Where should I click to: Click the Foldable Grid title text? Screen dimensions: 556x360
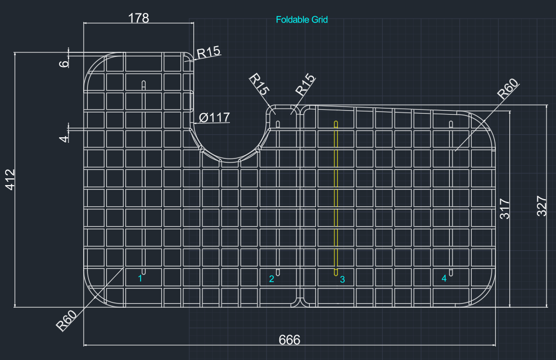point(302,20)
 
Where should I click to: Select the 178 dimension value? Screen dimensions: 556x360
point(138,18)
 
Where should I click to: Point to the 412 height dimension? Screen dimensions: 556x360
point(10,179)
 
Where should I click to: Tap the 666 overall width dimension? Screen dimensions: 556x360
point(290,340)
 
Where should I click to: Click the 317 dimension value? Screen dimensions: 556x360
point(504,209)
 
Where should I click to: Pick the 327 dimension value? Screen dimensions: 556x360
point(541,206)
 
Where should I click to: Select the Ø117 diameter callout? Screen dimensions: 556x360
point(214,118)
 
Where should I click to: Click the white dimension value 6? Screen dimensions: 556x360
point(64,64)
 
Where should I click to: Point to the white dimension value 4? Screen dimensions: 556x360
point(64,138)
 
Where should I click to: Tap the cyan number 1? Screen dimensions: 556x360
point(140,278)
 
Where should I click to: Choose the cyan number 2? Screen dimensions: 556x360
point(272,279)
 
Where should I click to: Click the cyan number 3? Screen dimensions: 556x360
point(342,280)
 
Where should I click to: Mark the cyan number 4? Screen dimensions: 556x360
point(444,278)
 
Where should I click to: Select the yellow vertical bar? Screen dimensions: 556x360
point(336,198)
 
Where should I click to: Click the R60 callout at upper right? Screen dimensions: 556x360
point(508,89)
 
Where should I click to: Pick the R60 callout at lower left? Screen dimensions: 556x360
point(66,320)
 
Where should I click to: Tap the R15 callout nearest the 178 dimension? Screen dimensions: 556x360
point(209,52)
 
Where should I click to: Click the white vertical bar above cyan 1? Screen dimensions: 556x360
point(143,178)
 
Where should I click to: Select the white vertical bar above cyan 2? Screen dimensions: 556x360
point(278,198)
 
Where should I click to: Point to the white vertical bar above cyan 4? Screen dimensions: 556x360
point(451,198)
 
